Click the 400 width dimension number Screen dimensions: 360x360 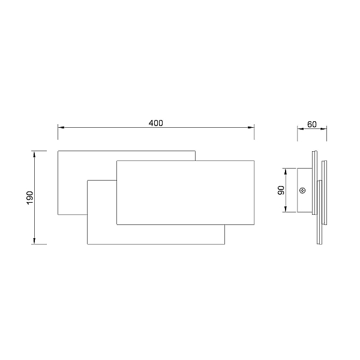(155, 123)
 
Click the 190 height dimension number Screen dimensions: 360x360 (30, 197)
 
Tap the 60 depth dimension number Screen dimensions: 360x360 (312, 124)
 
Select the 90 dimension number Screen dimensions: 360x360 (281, 190)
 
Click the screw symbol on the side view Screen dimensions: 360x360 (302, 190)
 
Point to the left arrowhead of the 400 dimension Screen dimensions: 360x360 (61, 127)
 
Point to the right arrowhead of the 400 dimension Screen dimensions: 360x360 (251, 127)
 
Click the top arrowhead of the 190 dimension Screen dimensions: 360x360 (34, 154)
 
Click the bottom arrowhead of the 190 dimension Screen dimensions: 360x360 (34, 241)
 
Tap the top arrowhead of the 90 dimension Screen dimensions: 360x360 (286, 171)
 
